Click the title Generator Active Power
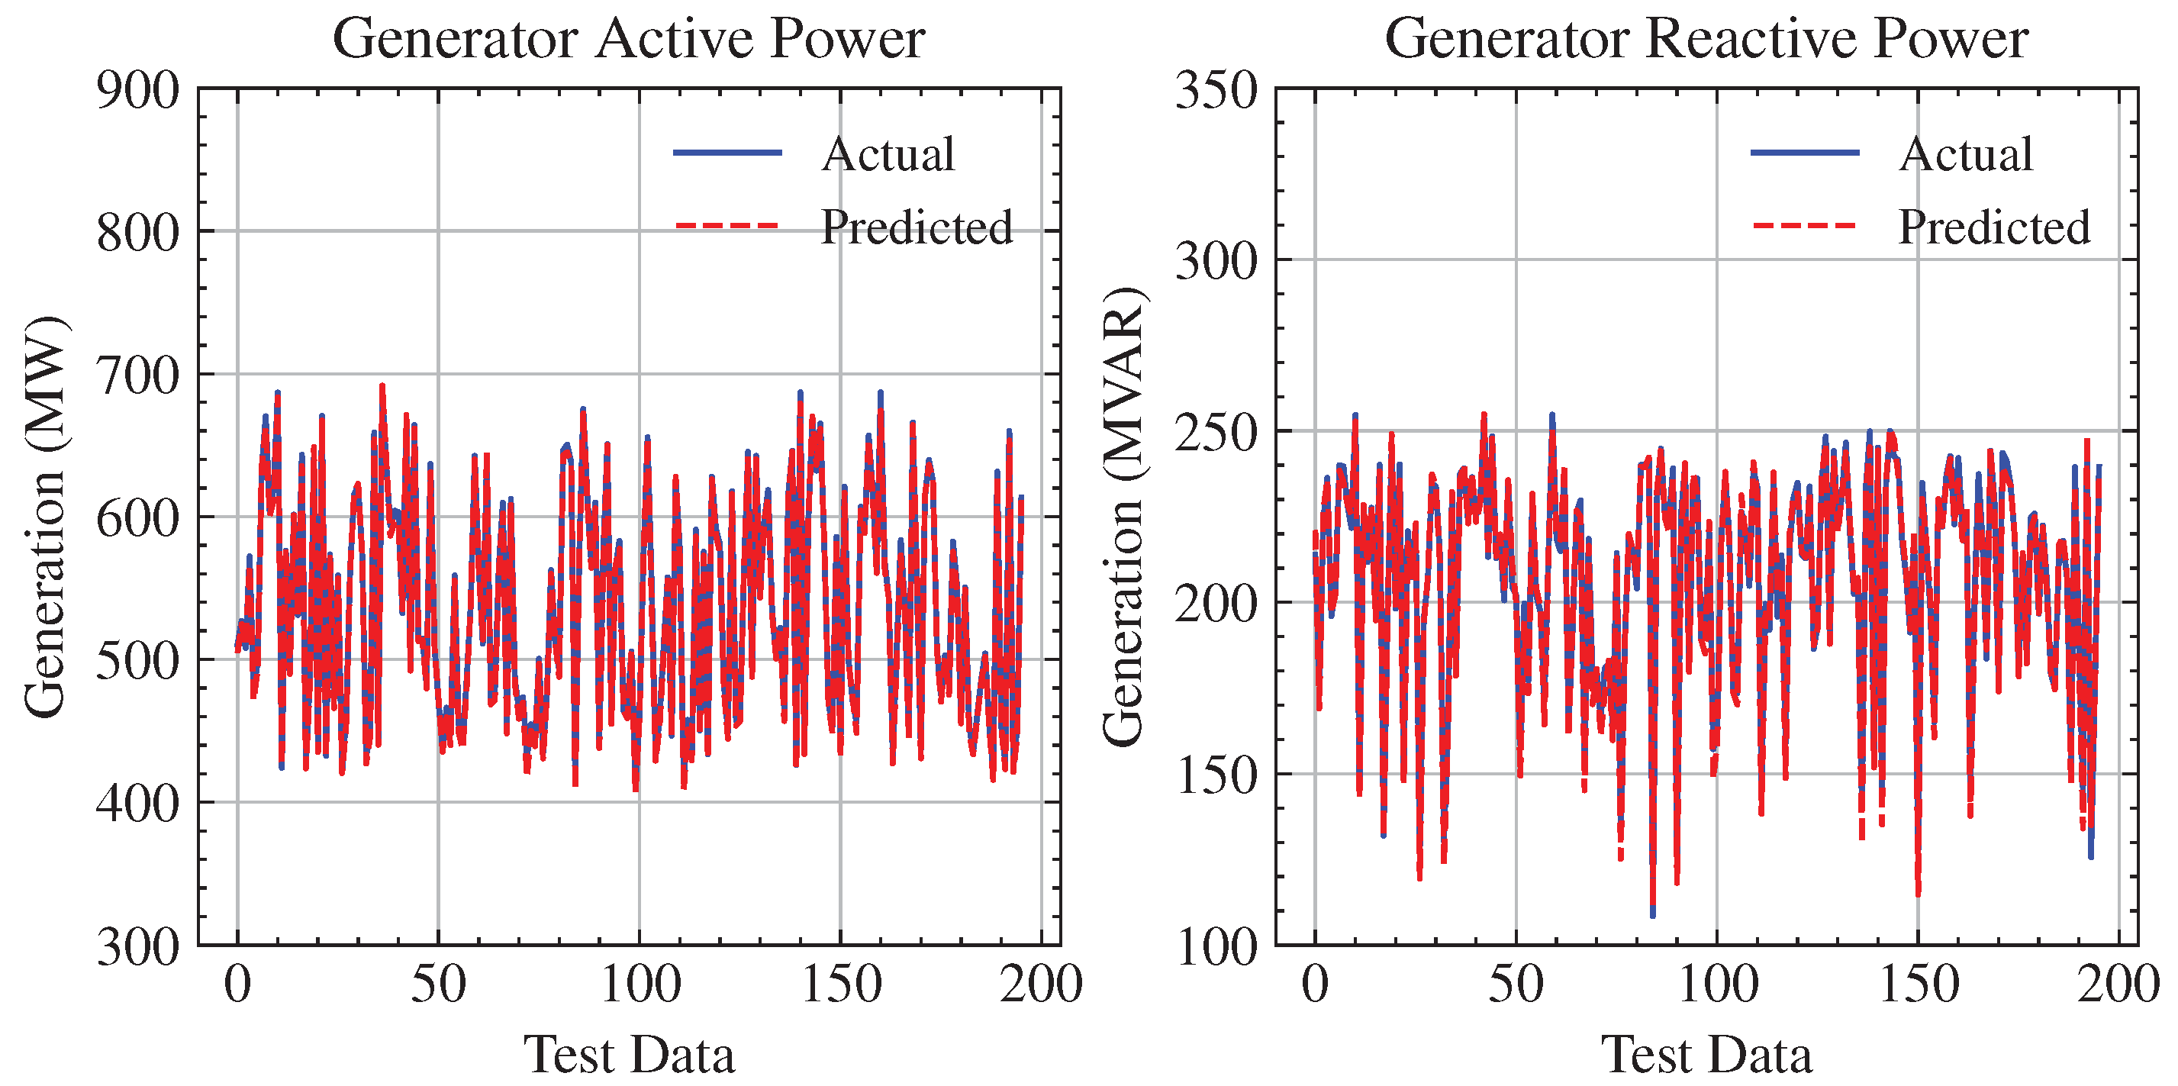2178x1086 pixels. click(x=628, y=38)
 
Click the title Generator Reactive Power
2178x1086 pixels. click(x=1706, y=38)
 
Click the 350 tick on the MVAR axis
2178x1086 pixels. click(x=1216, y=89)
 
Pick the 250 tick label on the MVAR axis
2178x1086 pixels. click(x=1216, y=432)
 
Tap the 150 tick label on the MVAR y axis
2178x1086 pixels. click(x=1216, y=775)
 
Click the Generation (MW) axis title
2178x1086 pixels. click(x=44, y=517)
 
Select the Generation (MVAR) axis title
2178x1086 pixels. click(x=1123, y=517)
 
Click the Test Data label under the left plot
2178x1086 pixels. click(x=628, y=1054)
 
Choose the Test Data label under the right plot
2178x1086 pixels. click(x=1706, y=1054)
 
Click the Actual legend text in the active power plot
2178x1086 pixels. click(x=888, y=154)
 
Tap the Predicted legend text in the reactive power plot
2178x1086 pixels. click(x=1993, y=227)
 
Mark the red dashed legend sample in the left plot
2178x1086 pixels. click(x=727, y=226)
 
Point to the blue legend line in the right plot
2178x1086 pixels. click(x=1805, y=152)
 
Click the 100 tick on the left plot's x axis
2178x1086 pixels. click(x=640, y=984)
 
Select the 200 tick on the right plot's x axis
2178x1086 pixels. click(x=2118, y=984)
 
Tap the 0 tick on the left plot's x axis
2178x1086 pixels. click(x=237, y=984)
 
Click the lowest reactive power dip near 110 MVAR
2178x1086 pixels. click(x=1652, y=914)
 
